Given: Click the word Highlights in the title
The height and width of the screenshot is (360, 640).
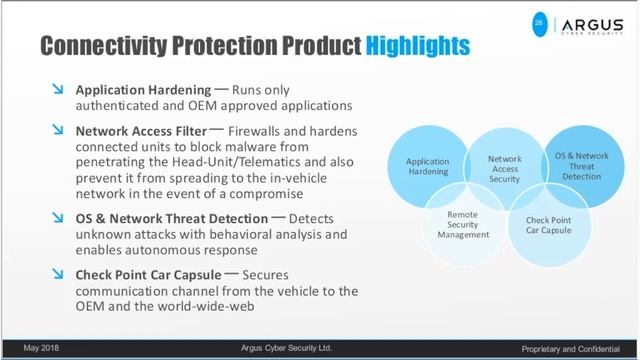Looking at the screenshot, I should (417, 46).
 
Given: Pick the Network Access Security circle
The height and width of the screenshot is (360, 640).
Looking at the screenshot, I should (504, 167).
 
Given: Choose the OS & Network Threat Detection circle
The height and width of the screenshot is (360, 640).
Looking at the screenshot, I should (581, 166).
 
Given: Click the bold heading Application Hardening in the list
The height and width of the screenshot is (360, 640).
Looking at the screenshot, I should (143, 90).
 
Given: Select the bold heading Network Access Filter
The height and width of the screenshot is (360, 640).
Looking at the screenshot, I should (141, 130).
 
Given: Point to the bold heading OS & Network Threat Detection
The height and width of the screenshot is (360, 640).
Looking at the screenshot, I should (172, 218).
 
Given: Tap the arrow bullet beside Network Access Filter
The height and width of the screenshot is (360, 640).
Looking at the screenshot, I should (59, 130).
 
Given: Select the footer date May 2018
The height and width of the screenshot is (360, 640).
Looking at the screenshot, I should (42, 348).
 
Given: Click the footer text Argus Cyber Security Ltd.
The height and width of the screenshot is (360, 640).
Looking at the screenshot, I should (286, 348).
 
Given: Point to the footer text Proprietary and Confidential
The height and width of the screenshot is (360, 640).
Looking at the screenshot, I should (577, 348).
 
